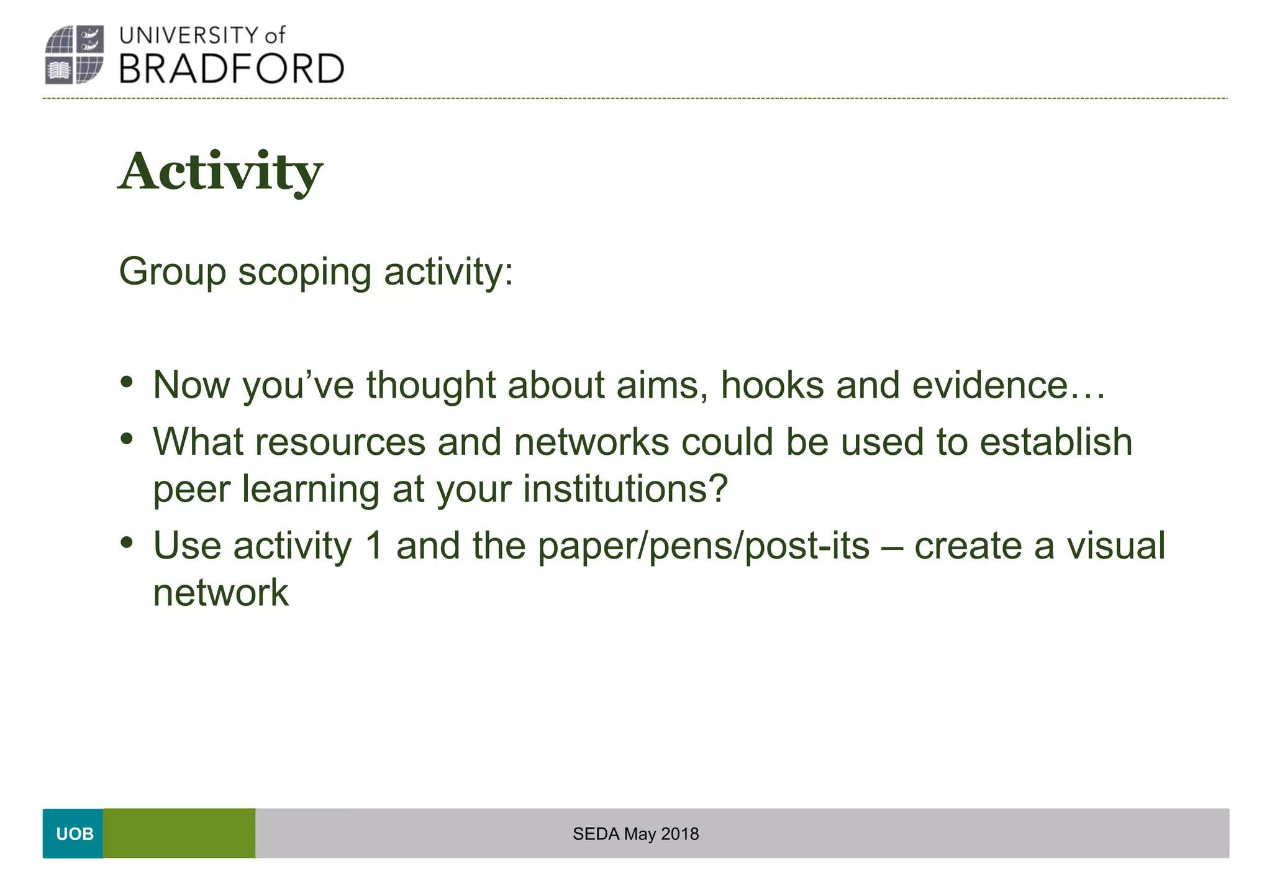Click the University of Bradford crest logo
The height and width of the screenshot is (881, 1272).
pos(74,55)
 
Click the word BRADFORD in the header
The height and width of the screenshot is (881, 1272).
pos(231,68)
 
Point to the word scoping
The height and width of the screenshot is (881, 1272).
pos(304,273)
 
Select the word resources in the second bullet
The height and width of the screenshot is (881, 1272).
pos(340,442)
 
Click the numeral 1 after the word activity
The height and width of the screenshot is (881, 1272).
pos(373,545)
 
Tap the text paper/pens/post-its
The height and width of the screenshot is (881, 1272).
pos(703,547)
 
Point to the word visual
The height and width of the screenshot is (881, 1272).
pos(1115,545)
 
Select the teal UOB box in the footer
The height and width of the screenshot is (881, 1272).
pos(73,833)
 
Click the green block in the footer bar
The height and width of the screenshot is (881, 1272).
pos(179,833)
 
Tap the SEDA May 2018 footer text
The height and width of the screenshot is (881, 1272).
pos(635,834)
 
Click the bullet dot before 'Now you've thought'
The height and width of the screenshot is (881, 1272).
pos(127,381)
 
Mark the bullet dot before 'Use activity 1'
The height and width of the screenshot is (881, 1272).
pos(127,542)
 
